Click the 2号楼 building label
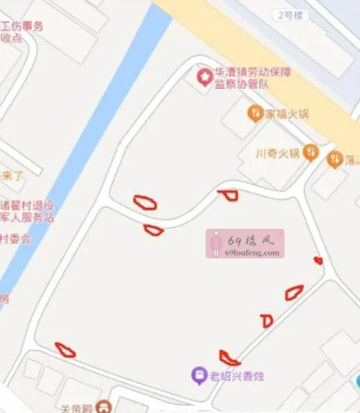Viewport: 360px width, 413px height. [x=289, y=15]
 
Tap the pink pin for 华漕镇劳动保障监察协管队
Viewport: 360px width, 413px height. [x=205, y=76]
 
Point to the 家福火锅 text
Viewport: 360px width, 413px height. [x=287, y=114]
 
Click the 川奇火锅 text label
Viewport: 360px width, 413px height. [x=277, y=153]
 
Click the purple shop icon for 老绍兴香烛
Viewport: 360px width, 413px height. [x=199, y=376]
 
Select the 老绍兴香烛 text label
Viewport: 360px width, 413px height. [x=236, y=377]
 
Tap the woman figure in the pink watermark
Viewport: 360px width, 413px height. [x=216, y=243]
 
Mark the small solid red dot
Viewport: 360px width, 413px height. [x=318, y=261]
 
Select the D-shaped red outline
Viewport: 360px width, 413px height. [x=267, y=321]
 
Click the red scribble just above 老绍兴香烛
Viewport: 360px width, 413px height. [x=229, y=359]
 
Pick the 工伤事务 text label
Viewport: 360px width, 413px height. [x=22, y=27]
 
